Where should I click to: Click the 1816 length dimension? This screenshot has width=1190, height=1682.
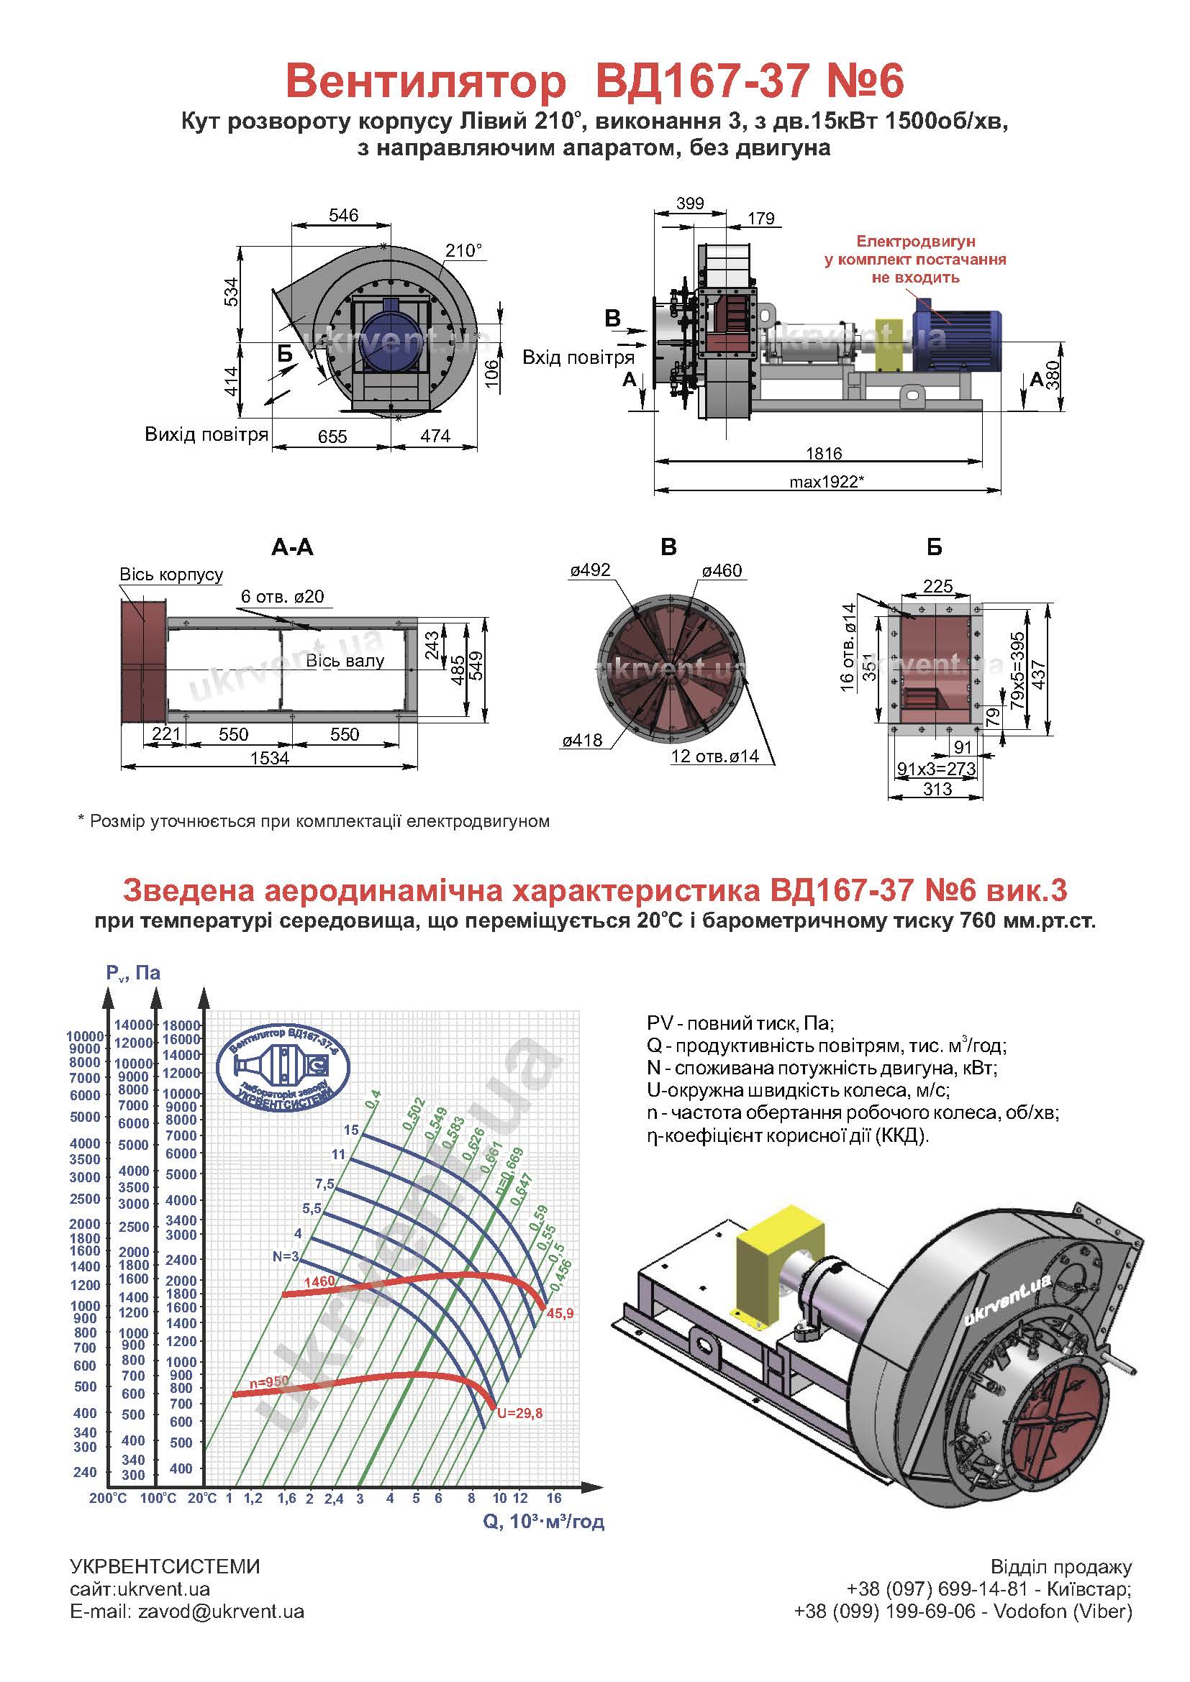824,454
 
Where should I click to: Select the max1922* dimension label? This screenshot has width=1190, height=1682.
827,481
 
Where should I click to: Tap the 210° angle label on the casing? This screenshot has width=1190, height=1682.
465,250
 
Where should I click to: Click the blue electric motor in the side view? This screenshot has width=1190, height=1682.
956,338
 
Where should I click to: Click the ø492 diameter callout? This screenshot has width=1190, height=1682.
589,570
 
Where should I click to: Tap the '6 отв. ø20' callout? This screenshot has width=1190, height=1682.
283,596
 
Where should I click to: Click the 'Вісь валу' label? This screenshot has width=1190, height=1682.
345,661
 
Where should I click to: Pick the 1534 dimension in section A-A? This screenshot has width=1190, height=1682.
270,758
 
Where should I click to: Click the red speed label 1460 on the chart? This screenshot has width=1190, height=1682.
319,1281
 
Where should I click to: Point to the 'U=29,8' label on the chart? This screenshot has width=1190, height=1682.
519,1413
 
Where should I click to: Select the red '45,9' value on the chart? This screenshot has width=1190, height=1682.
560,1314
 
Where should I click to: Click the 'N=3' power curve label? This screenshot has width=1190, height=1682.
286,1256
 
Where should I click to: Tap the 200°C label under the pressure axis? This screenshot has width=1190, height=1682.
109,1498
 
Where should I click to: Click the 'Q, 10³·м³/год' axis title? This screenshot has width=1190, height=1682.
544,1522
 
